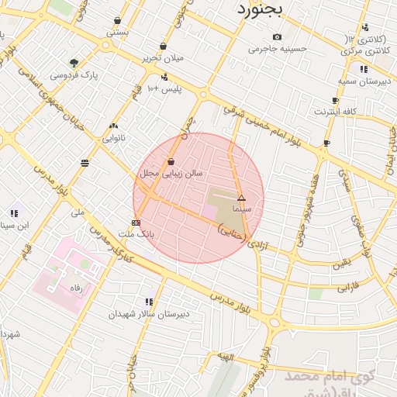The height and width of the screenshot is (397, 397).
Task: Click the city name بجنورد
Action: click(261, 10)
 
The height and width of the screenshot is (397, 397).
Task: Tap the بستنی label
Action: click(118, 33)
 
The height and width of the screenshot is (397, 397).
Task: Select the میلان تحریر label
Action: click(161, 59)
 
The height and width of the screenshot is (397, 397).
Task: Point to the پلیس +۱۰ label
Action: click(164, 89)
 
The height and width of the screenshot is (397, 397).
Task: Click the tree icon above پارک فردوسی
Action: click(74, 63)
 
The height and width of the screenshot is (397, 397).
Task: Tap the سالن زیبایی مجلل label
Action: click(171, 174)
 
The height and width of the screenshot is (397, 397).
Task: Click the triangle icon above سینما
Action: click(241, 198)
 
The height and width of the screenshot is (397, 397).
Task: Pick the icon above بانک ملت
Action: click(136, 223)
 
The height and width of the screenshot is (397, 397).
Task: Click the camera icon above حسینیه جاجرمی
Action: click(278, 36)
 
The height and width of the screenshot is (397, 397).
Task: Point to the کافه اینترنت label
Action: click(335, 112)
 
